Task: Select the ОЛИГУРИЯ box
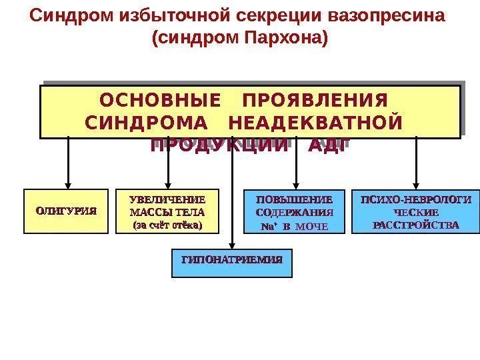coord(66,211)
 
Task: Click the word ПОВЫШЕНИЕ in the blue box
coord(295,199)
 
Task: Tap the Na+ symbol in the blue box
coord(267,227)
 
